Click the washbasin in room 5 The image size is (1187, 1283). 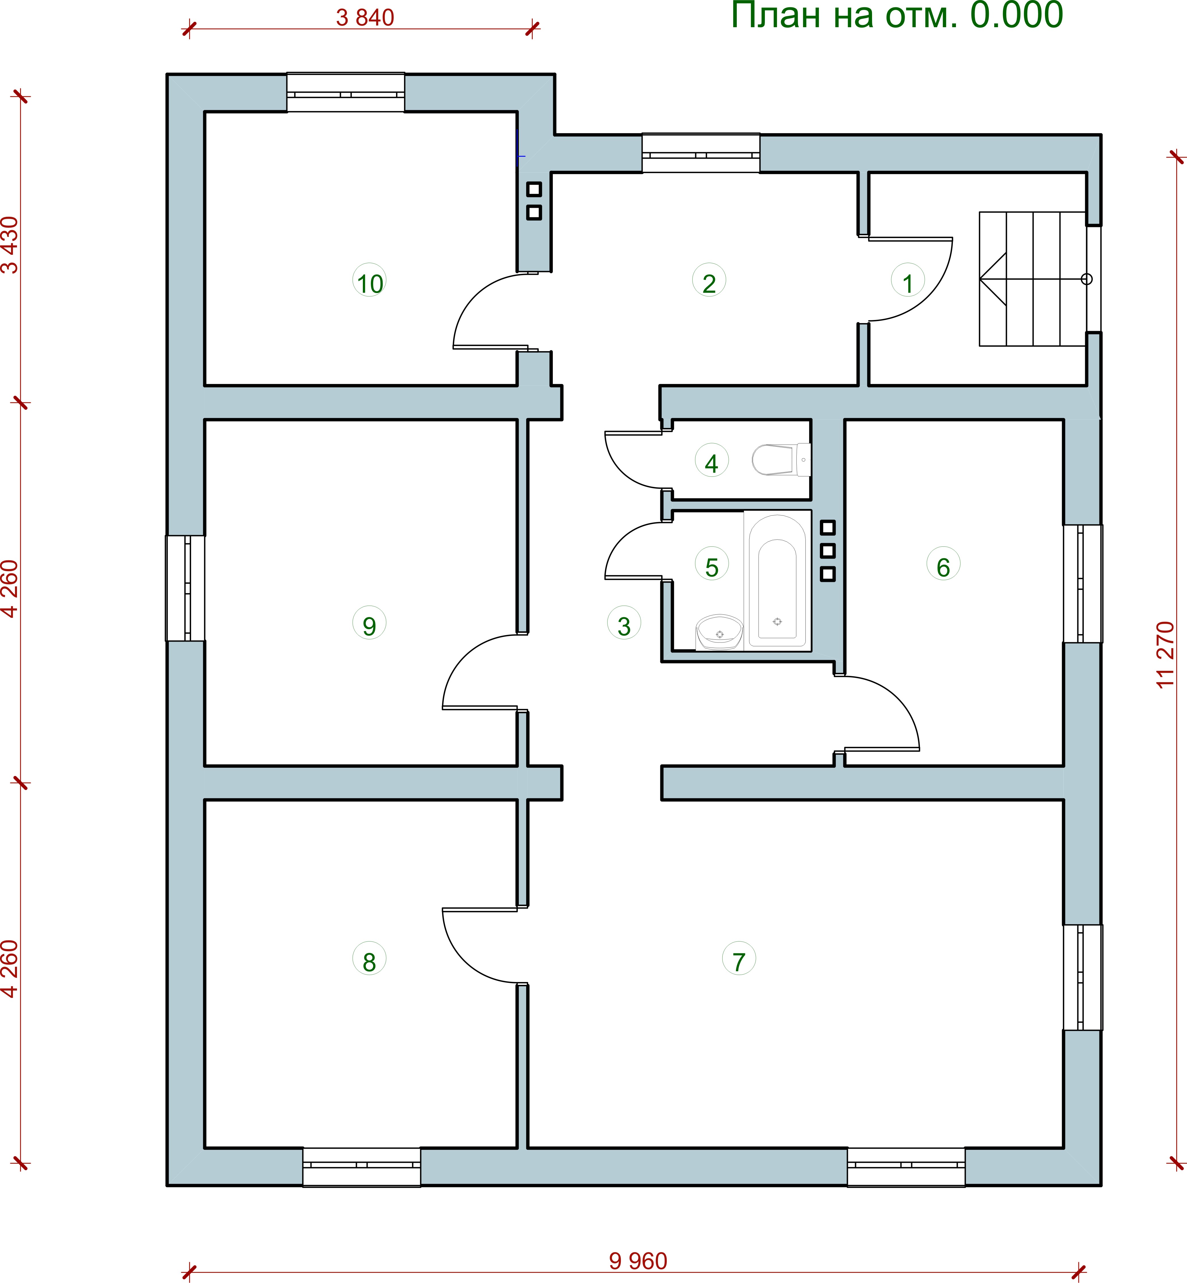coord(720,633)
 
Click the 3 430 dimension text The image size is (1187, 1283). coord(10,245)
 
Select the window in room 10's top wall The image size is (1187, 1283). coord(346,92)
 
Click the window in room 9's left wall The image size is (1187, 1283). coord(186,588)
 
